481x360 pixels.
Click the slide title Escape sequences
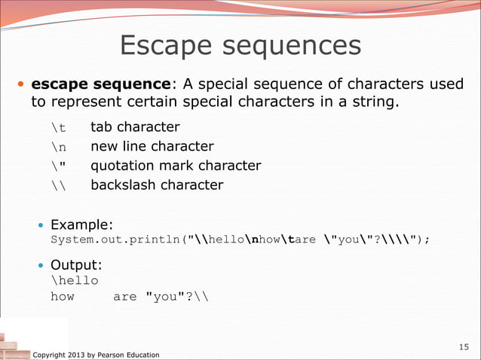[x=240, y=47]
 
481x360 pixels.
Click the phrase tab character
[x=135, y=127]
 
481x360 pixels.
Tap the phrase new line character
[x=152, y=147]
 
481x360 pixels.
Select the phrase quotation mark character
[x=176, y=166]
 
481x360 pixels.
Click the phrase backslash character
[x=157, y=185]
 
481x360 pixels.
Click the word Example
[x=81, y=224]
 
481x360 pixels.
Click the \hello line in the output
[x=74, y=281]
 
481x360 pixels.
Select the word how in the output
[x=63, y=297]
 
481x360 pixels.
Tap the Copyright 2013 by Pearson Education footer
[x=97, y=354]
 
